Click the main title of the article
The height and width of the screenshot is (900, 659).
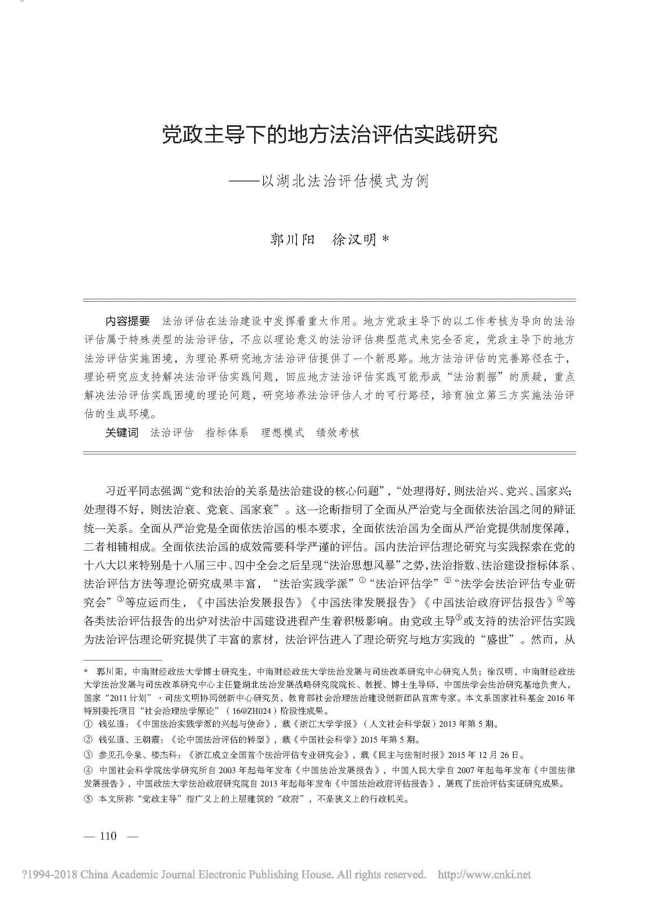329,135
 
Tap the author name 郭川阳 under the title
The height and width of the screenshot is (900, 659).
293,240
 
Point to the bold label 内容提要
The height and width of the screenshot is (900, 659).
127,320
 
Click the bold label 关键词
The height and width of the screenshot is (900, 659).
122,433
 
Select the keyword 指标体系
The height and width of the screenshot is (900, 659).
227,433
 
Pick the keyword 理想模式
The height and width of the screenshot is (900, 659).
282,433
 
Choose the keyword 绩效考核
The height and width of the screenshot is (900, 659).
337,433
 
